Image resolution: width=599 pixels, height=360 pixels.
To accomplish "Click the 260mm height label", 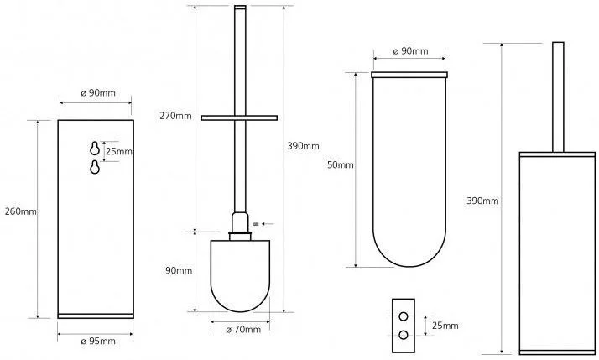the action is pyautogui.click(x=21, y=211).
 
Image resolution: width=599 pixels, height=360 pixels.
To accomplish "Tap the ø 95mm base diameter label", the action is pyautogui.click(x=98, y=341).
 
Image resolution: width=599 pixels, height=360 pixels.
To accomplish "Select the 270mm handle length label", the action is pyautogui.click(x=175, y=116).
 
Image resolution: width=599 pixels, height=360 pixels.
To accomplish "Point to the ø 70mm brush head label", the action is pyautogui.click(x=243, y=330).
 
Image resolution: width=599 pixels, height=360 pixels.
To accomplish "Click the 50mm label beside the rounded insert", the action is pyautogui.click(x=341, y=165).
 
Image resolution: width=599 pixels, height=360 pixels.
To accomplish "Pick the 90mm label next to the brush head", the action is pyautogui.click(x=179, y=270).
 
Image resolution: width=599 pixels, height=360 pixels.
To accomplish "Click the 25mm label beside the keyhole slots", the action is pyautogui.click(x=119, y=151).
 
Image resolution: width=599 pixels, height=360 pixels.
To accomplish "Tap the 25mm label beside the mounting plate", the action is pyautogui.click(x=445, y=326).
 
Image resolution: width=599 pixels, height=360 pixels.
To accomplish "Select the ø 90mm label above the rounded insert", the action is pyautogui.click(x=411, y=51).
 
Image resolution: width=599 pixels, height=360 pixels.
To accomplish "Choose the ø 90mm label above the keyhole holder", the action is pyautogui.click(x=98, y=93).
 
